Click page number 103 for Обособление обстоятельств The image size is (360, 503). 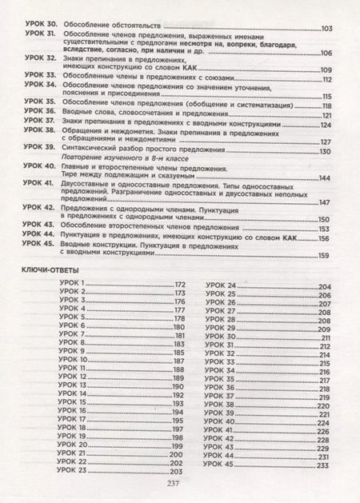tap(326, 30)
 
